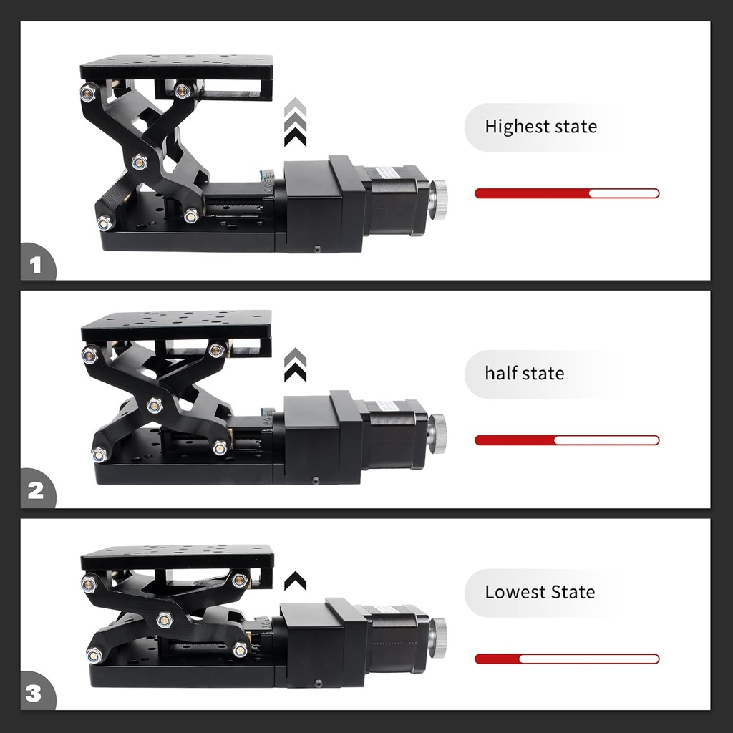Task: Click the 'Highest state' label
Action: (x=541, y=127)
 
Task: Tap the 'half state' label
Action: (x=525, y=373)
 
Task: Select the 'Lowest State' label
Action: (x=540, y=592)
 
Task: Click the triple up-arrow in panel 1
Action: (x=296, y=122)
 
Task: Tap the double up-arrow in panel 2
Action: (x=296, y=364)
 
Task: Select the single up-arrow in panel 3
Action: (x=296, y=581)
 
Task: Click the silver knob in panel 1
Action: (x=438, y=196)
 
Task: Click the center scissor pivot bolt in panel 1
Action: (x=140, y=162)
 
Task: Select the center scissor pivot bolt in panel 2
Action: (x=155, y=406)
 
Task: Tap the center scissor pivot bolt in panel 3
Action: (x=165, y=620)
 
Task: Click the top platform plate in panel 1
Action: (x=176, y=67)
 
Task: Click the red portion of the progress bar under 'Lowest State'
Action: (x=497, y=659)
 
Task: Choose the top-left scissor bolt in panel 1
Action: (x=88, y=92)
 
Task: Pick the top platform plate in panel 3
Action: (x=177, y=557)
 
